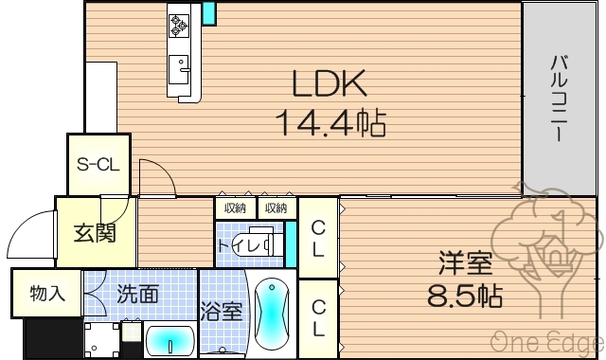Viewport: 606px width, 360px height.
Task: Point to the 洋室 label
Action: pos(463,261)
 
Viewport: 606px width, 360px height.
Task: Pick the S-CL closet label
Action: pos(98,164)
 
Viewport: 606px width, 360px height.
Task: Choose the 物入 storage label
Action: pos(47,294)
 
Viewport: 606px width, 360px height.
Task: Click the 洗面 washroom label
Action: pos(138,294)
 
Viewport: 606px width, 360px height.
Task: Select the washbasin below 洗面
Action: pos(170,339)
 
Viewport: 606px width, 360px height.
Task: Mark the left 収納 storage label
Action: pos(235,207)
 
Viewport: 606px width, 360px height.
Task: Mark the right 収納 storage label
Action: pos(276,207)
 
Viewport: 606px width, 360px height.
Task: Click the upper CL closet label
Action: pos(319,238)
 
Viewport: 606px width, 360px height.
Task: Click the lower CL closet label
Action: pos(319,317)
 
